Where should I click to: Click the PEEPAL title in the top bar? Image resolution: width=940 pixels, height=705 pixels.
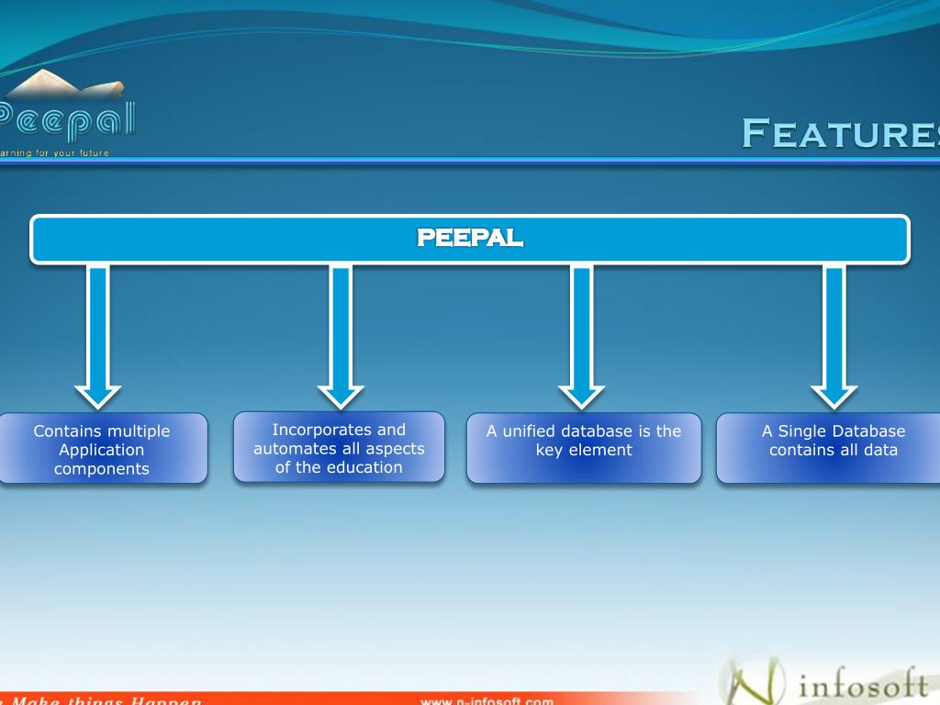tap(470, 239)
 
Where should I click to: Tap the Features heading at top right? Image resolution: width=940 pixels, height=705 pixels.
tap(840, 133)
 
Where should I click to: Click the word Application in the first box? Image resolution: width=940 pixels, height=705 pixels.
tap(102, 450)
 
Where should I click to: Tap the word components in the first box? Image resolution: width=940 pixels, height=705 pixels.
tap(102, 469)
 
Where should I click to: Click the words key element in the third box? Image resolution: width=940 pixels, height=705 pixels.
tap(584, 450)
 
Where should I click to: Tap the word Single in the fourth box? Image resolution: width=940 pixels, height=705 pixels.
tap(802, 431)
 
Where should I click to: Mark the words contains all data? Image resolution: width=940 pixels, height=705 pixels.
tap(834, 450)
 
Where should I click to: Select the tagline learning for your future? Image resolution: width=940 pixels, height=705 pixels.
tap(55, 152)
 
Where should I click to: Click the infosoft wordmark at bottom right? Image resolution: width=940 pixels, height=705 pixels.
tap(864, 685)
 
